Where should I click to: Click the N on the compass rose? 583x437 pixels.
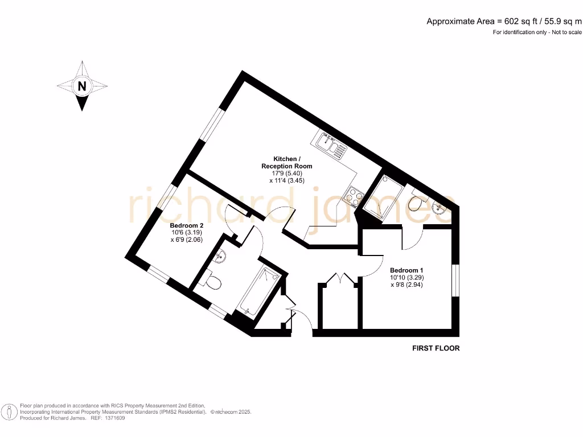click(x=83, y=86)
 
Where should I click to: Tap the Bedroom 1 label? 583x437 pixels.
click(x=407, y=270)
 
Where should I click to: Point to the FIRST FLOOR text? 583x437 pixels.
click(x=436, y=348)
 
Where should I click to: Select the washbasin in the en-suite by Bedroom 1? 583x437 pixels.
click(x=441, y=208)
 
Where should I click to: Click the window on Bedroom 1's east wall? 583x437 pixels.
click(x=455, y=279)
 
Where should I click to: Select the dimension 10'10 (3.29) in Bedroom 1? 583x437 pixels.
click(x=407, y=278)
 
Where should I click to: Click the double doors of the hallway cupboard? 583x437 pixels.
click(x=340, y=279)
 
